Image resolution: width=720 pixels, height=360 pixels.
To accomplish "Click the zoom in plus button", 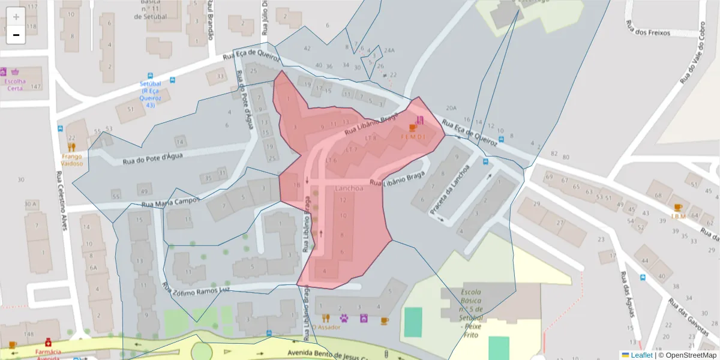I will tap(16, 16).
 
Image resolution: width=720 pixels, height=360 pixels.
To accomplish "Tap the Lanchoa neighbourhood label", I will tap(349, 188).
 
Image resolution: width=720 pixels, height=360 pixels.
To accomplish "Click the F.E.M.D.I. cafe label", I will tap(413, 137).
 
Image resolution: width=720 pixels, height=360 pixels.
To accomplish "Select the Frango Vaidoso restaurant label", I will tap(71, 160).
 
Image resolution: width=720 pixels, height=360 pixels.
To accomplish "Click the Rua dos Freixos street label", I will tap(647, 29).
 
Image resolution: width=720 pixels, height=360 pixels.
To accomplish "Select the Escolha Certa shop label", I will tap(15, 85).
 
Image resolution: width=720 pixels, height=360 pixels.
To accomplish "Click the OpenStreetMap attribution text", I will tap(688, 355).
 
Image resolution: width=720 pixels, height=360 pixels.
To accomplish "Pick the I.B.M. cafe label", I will tap(678, 216).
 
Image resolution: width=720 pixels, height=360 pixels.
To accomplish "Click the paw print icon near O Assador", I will tap(344, 318).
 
